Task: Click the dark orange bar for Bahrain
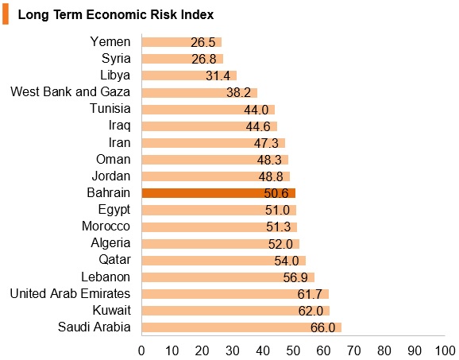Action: (218, 193)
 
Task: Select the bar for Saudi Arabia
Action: (241, 327)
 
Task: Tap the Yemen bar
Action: (182, 42)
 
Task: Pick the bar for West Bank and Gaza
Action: (199, 93)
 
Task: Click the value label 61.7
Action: (310, 294)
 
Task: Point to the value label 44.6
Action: (258, 126)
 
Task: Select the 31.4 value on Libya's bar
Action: (218, 75)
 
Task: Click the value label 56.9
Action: (295, 277)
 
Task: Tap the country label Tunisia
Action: (110, 108)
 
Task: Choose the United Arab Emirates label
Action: (70, 293)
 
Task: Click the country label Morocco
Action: (106, 226)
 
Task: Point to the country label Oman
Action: (114, 160)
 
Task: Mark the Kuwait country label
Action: (111, 310)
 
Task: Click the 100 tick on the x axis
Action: (445, 350)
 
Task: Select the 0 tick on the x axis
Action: (141, 350)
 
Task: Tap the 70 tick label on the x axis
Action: (354, 350)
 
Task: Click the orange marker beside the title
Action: (6, 15)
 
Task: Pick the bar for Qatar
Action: (224, 261)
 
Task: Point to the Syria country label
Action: (116, 58)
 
